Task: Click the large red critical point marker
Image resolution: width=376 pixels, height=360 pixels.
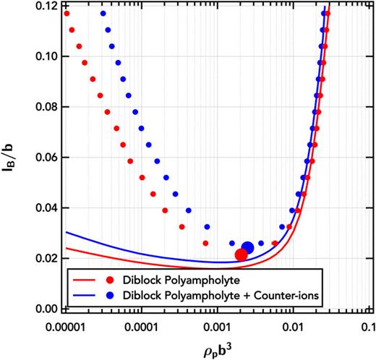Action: click(242, 254)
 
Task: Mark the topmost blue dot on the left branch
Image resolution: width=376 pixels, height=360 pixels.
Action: click(103, 14)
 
